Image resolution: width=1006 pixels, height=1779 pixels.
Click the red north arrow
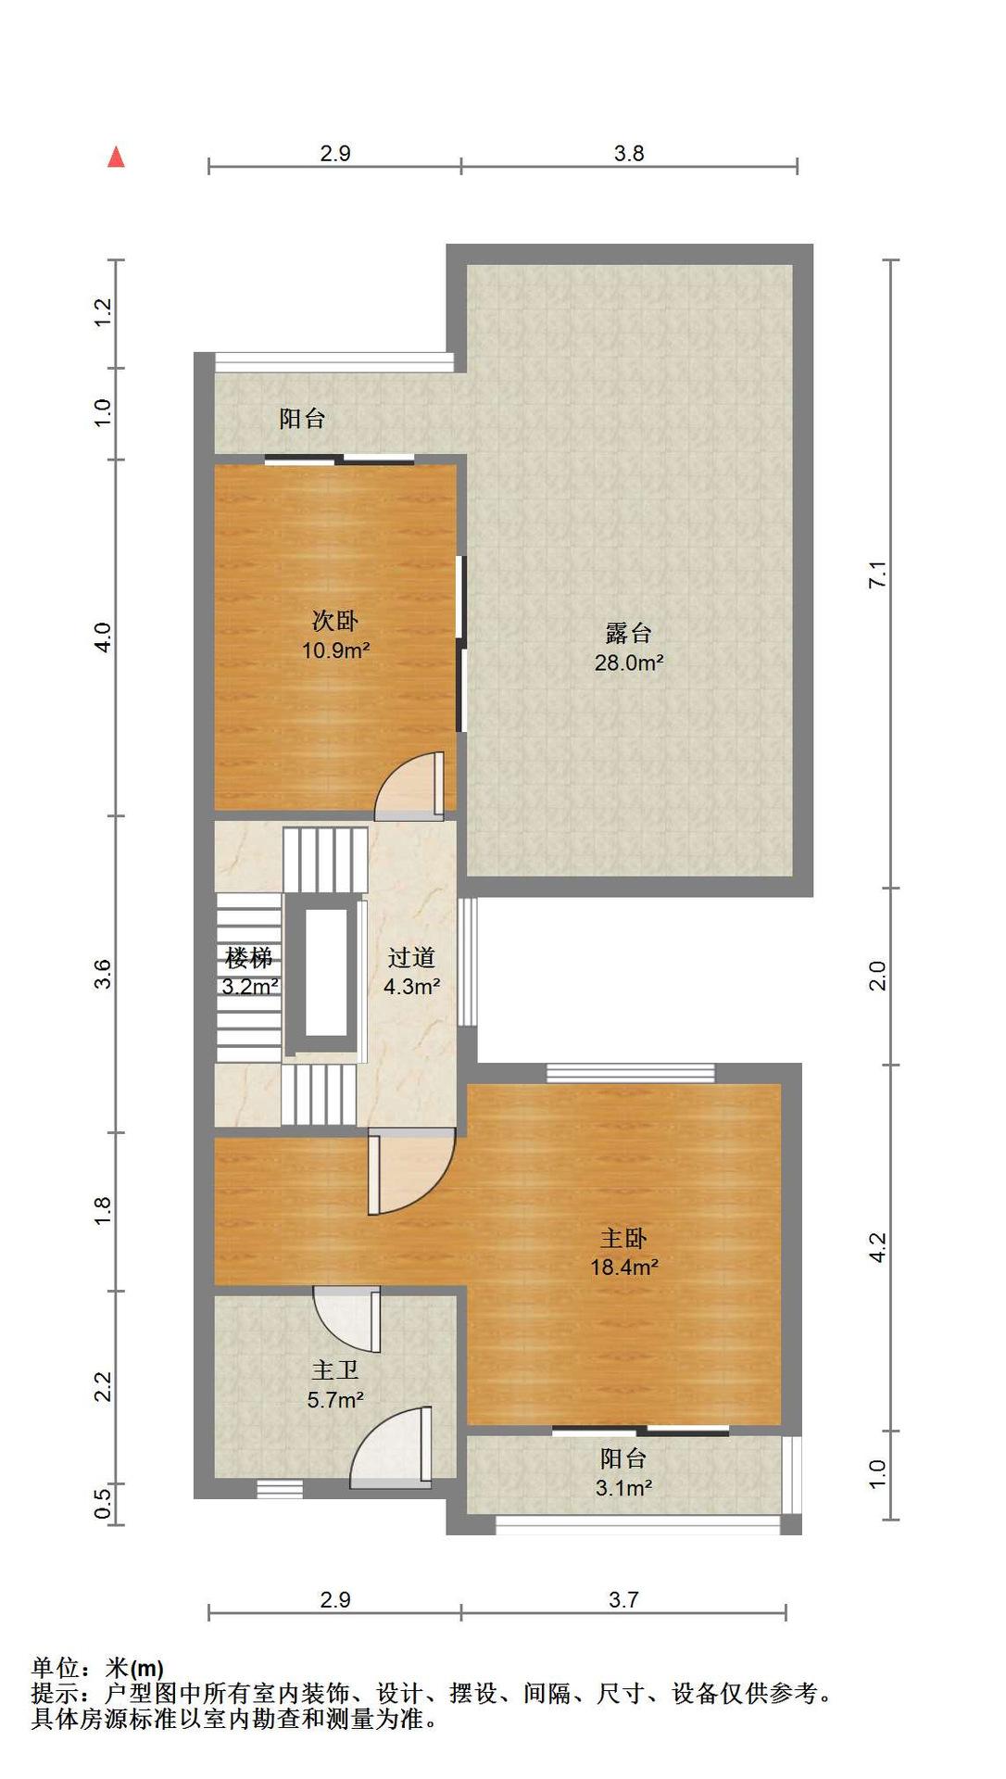coord(116,157)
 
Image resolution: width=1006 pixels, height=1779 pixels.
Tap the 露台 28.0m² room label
coord(629,647)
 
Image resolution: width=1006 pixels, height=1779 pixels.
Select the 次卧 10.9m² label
coord(335,635)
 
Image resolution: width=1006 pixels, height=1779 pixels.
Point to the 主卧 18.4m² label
coord(624,1252)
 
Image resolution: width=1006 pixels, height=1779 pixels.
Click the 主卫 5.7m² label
coord(334,1384)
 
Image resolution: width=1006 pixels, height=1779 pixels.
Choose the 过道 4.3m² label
coord(411,971)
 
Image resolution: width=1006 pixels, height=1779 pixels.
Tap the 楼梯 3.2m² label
coord(249,971)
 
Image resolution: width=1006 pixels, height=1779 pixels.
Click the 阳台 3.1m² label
coord(623,1473)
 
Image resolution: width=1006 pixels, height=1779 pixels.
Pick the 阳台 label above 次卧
coord(303,419)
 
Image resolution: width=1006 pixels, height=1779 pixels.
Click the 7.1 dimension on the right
coord(878,574)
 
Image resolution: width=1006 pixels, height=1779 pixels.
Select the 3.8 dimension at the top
coord(629,153)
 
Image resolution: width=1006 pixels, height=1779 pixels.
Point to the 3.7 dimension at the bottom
coord(623,1599)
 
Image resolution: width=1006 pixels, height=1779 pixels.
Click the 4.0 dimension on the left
coord(103,637)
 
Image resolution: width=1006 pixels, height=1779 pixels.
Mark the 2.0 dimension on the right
coord(878,976)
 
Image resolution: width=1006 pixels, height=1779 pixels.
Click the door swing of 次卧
coord(409,786)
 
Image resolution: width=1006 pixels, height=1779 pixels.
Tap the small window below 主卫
coord(280,1489)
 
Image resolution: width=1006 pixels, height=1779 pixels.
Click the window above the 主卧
coord(631,1073)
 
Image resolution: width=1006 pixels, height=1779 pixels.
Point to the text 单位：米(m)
coord(98,1669)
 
